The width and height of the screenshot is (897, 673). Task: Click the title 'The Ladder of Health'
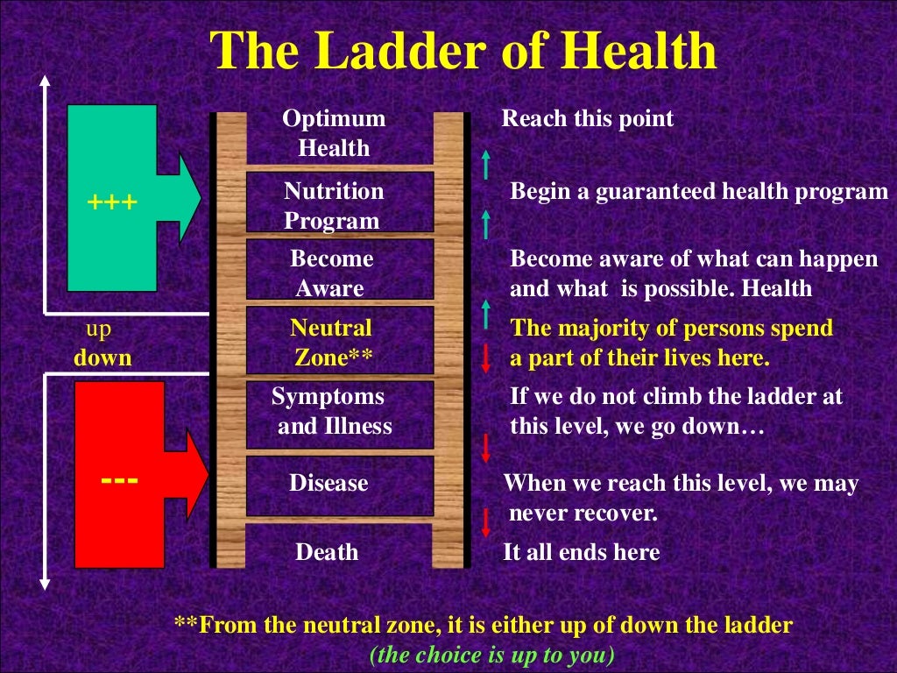pyautogui.click(x=464, y=52)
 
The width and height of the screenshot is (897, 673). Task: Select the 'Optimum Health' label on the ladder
pyautogui.click(x=334, y=133)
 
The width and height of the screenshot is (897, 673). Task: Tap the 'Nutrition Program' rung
pyautogui.click(x=334, y=205)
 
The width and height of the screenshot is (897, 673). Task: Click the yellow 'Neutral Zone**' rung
pyautogui.click(x=332, y=343)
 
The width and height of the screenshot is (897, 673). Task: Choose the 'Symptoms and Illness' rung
pyautogui.click(x=332, y=411)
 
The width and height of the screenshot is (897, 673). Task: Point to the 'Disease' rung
pyautogui.click(x=328, y=483)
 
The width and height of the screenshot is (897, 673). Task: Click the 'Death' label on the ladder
pyautogui.click(x=327, y=552)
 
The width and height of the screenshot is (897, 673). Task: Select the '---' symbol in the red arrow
pyautogui.click(x=117, y=480)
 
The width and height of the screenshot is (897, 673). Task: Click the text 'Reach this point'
pyautogui.click(x=587, y=119)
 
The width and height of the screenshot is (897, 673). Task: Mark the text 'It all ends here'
pyautogui.click(x=581, y=552)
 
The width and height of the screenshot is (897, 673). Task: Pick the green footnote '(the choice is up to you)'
pyautogui.click(x=491, y=654)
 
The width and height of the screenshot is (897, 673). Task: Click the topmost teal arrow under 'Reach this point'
pyautogui.click(x=485, y=164)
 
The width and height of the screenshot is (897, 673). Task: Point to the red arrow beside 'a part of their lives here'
pyautogui.click(x=485, y=358)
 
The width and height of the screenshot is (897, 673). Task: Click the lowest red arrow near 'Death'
pyautogui.click(x=485, y=523)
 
